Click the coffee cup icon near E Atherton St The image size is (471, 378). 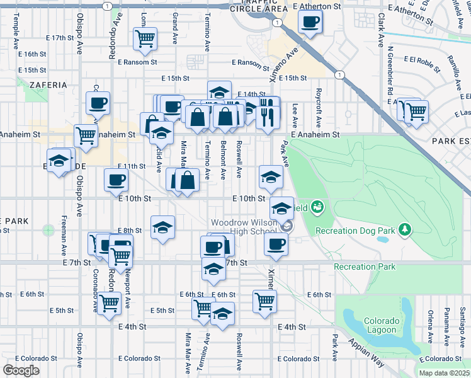pyautogui.click(x=309, y=23)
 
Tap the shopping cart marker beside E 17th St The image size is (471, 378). pyautogui.click(x=145, y=39)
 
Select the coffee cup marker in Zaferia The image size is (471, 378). pyautogui.click(x=98, y=103)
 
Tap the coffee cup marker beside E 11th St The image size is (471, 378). pyautogui.click(x=116, y=180)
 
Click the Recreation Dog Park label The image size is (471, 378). pyautogui.click(x=355, y=231)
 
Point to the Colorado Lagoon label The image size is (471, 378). pyautogui.click(x=380, y=325)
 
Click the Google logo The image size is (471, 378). pyautogui.click(x=21, y=370)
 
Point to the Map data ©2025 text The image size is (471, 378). pyautogui.click(x=444, y=373)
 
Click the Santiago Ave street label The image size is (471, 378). pyautogui.click(x=462, y=321)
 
